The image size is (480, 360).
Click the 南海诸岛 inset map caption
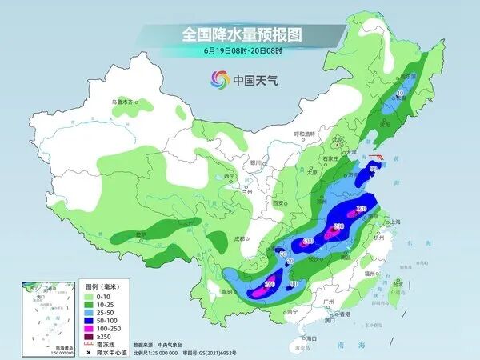coord(62,346)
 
